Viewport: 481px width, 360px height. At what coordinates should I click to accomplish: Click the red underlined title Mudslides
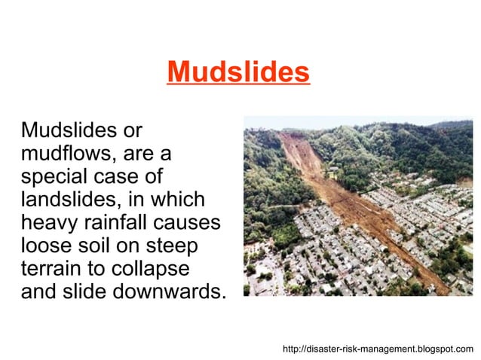pyautogui.click(x=238, y=73)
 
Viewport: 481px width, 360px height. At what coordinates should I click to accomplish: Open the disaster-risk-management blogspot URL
pyautogui.click(x=378, y=349)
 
